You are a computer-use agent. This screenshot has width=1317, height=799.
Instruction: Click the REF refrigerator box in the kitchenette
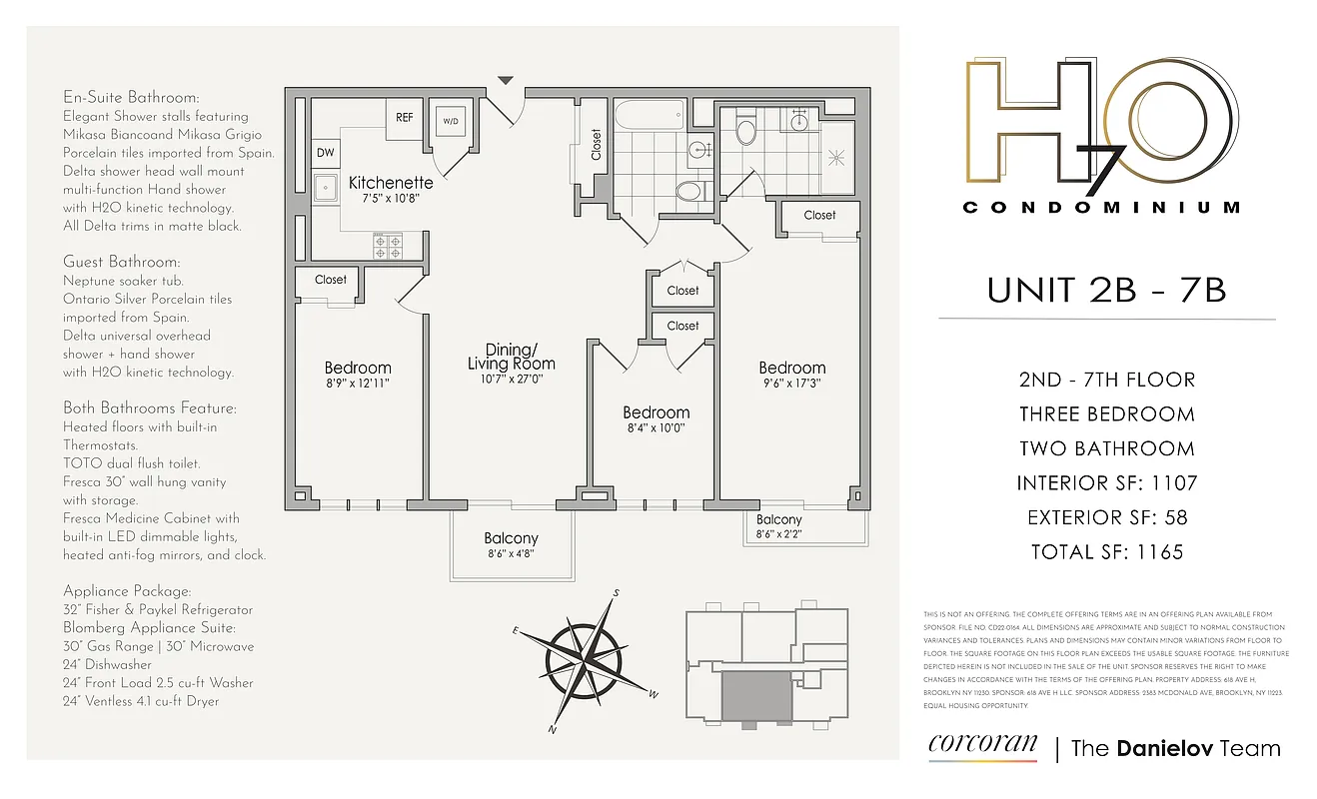click(404, 117)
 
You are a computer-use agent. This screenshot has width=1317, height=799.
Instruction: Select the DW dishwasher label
click(326, 153)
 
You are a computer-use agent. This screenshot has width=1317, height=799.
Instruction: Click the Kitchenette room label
click(391, 183)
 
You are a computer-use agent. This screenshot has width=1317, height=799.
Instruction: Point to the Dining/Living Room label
click(511, 357)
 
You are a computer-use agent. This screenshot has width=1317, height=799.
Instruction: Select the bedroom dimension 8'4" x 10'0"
click(656, 428)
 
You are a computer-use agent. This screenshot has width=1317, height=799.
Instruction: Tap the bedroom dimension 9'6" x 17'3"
click(791, 384)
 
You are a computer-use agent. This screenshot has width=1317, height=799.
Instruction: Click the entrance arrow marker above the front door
click(506, 80)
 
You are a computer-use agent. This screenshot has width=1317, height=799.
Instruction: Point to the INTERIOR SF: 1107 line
click(1106, 483)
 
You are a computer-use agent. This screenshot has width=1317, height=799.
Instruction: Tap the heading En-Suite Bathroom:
click(131, 98)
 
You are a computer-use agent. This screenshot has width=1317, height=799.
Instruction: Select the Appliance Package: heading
click(127, 591)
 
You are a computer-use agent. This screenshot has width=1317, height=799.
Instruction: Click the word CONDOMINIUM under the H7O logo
click(1101, 208)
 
